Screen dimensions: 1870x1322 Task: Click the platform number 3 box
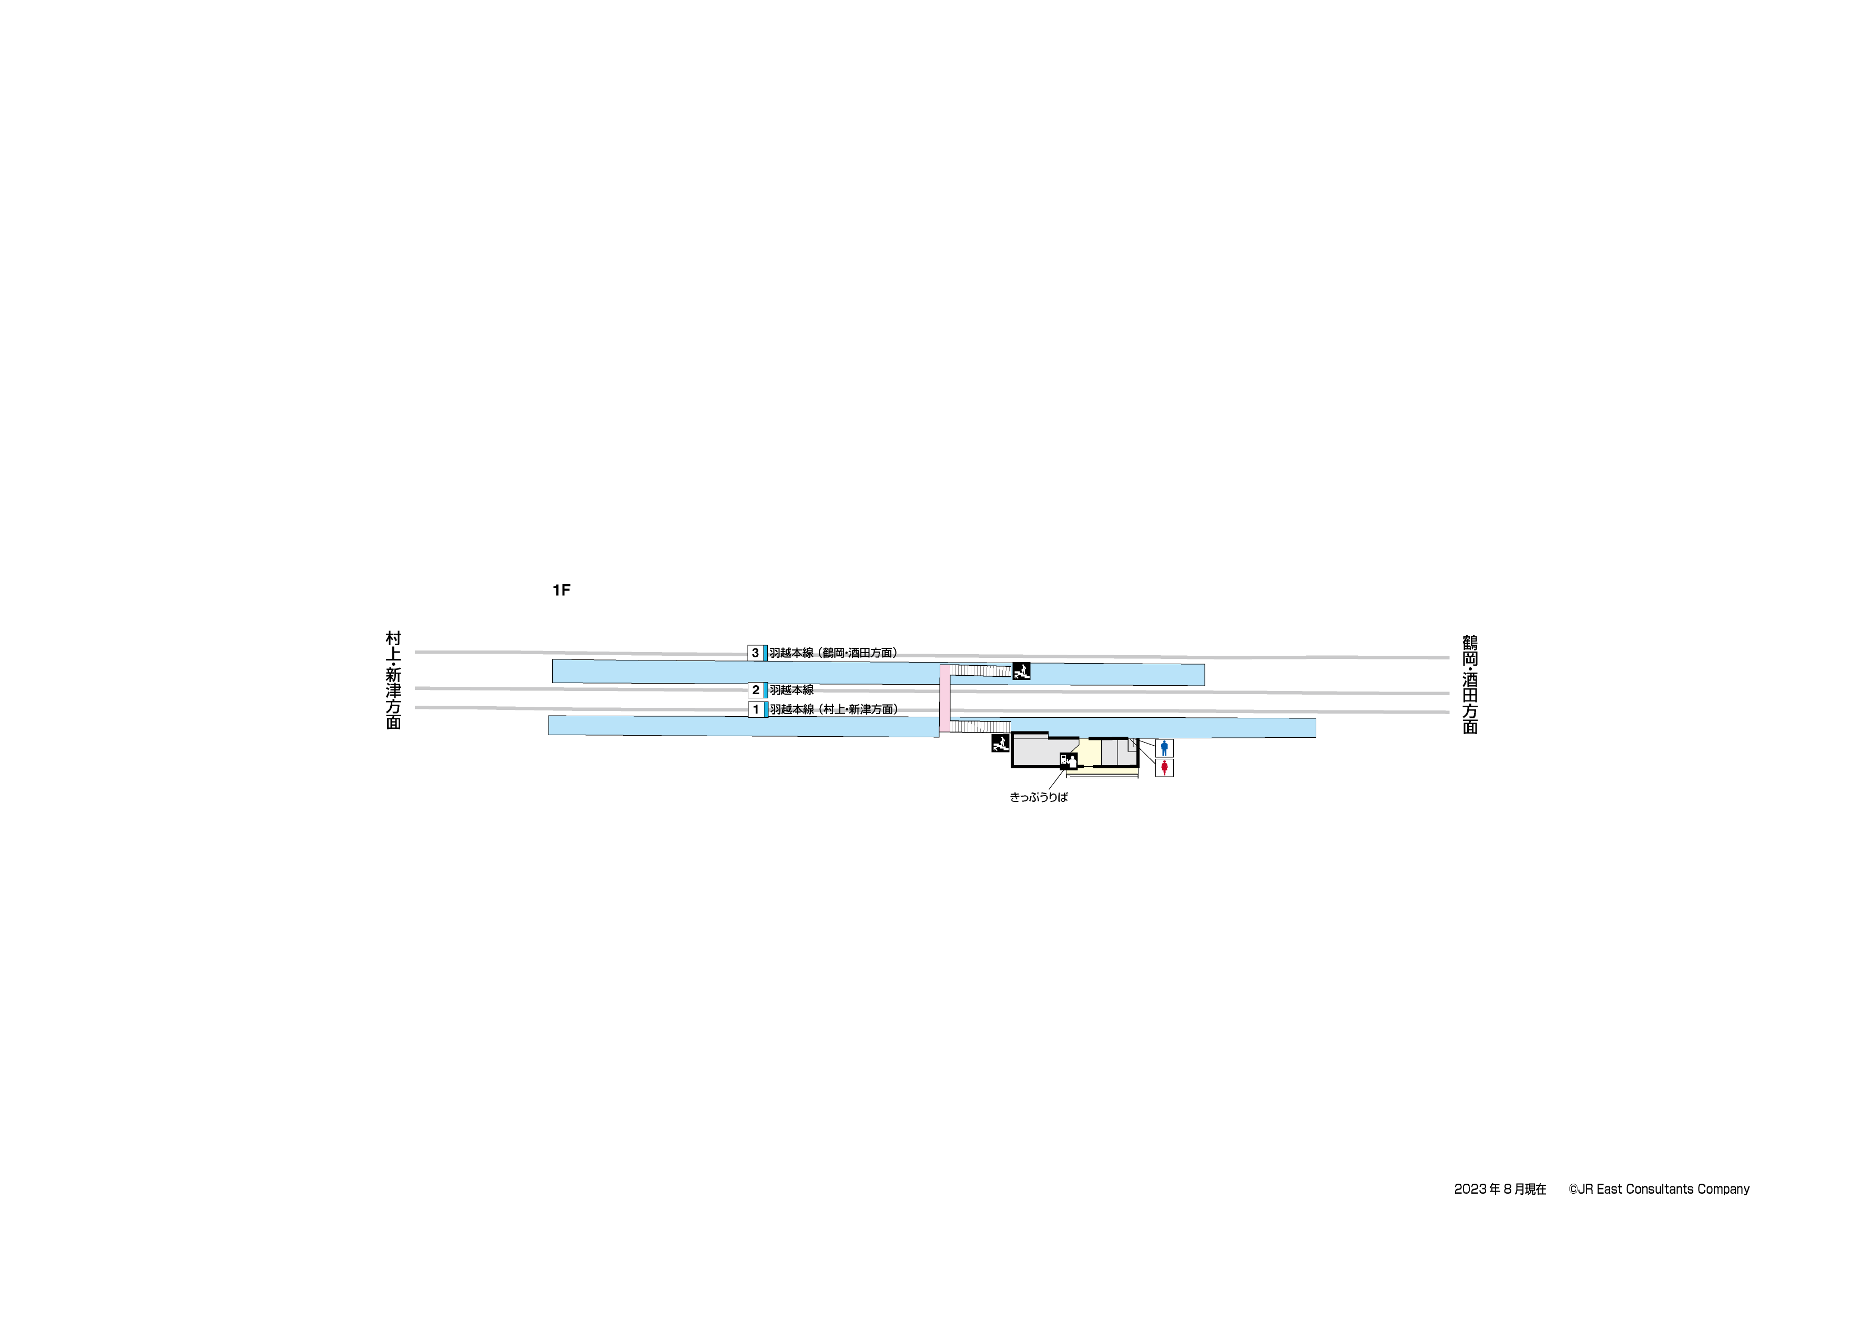[x=756, y=653]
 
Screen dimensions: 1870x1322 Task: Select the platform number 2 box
[x=756, y=690]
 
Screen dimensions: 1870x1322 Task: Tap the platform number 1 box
[x=756, y=709]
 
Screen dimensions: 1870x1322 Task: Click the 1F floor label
[x=561, y=589]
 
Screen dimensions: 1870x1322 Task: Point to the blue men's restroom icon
[x=1164, y=748]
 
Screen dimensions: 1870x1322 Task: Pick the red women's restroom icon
[x=1164, y=767]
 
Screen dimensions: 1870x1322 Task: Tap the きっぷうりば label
[x=1039, y=797]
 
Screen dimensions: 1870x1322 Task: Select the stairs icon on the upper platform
[x=1021, y=671]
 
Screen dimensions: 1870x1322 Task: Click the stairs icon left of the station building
[x=1001, y=743]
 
